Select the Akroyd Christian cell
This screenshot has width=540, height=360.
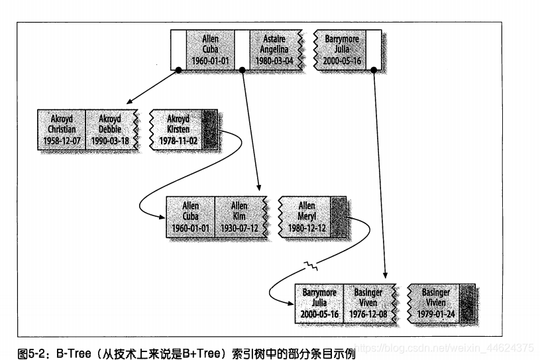click(x=62, y=129)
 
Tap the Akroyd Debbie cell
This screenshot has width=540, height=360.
click(x=111, y=129)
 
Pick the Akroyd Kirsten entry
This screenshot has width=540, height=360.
click(x=178, y=129)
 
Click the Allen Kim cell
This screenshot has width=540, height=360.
click(x=239, y=217)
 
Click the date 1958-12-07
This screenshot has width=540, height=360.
click(x=62, y=141)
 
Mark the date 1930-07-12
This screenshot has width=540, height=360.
click(x=239, y=228)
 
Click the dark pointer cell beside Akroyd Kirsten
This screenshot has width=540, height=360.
click(x=211, y=129)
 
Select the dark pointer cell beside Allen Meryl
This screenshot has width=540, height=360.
click(x=339, y=217)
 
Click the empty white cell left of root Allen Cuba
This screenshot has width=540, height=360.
click(x=178, y=49)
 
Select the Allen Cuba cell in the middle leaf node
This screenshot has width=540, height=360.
click(x=191, y=217)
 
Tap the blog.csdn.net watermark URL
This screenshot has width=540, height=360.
click(x=424, y=347)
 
